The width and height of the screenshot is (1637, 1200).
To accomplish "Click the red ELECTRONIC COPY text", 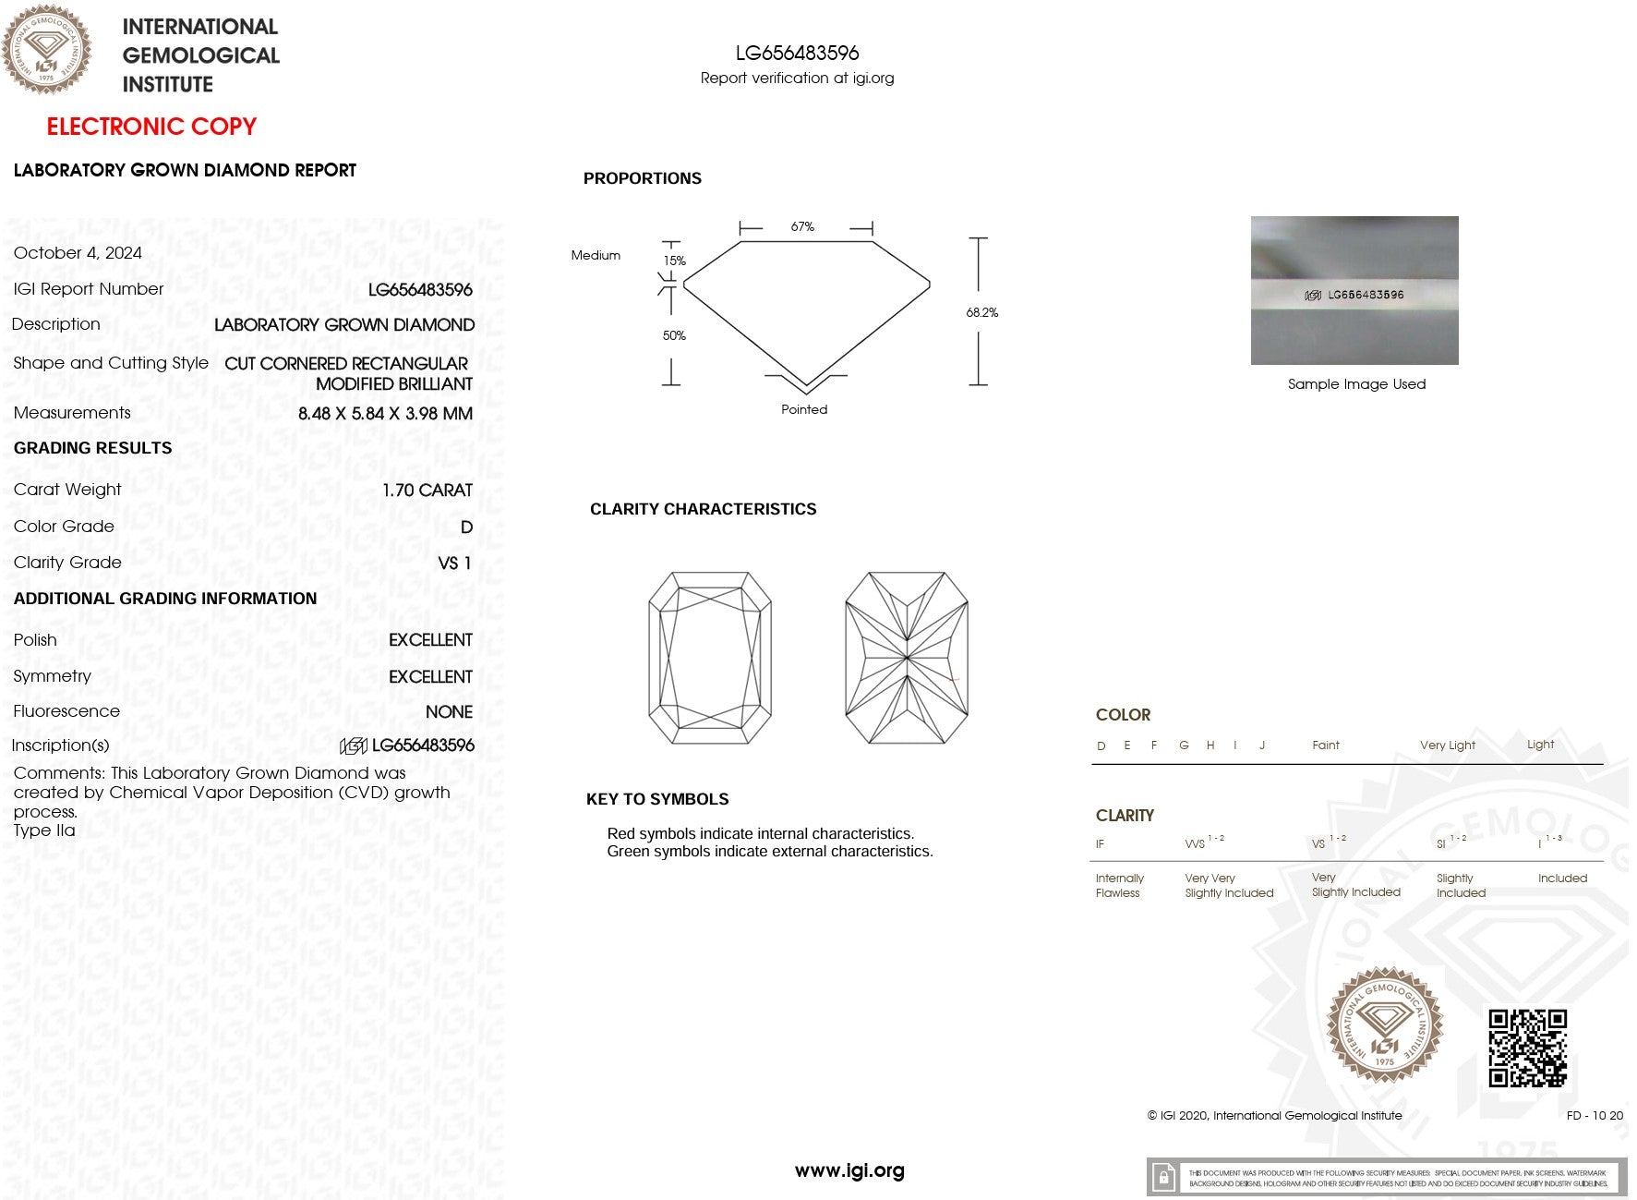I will (151, 127).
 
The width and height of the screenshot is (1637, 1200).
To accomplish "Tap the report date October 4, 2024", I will (78, 253).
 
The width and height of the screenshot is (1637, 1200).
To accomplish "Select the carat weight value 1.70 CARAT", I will (427, 491).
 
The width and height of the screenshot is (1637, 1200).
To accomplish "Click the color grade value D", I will (466, 527).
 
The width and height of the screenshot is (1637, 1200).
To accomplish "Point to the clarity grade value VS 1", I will (454, 564).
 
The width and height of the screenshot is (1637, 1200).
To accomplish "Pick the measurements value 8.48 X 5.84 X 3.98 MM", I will (385, 414).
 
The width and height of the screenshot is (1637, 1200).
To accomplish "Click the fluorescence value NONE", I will (449, 712).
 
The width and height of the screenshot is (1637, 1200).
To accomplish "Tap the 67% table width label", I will (802, 227).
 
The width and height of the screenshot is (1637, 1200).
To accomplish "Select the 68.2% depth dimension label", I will (981, 312).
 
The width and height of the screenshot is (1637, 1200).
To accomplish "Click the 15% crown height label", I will (674, 261).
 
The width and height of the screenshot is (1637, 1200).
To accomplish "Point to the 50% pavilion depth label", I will (674, 336).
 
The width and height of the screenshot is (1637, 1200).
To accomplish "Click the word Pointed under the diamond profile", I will (804, 410).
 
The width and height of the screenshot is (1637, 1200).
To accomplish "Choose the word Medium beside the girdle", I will (596, 256).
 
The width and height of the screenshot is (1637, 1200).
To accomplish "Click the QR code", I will (1527, 1048).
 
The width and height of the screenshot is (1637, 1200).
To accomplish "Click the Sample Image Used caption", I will (1356, 384).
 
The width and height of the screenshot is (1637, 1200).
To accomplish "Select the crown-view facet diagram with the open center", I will (710, 658).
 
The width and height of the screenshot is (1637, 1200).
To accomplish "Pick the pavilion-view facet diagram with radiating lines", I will (907, 658).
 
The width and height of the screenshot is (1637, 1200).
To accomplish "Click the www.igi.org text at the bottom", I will (849, 1171).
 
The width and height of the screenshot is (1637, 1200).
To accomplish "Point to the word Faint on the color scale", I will (1325, 745).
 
